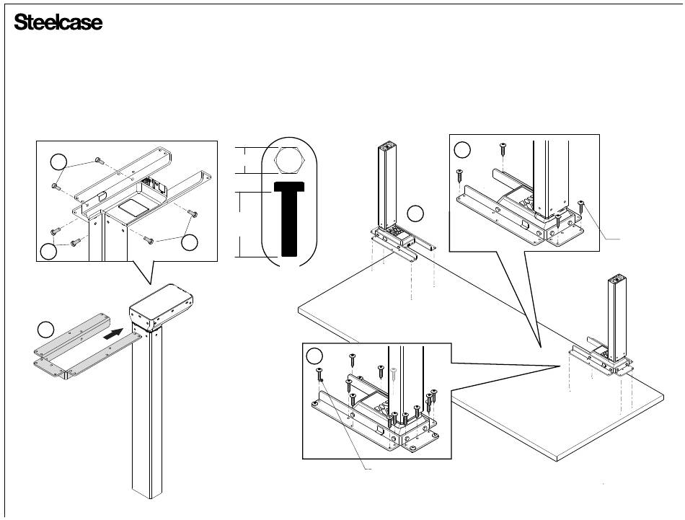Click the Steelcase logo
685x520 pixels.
pos(58,22)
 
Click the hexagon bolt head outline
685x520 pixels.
pos(289,160)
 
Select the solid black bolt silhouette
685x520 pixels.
pos(289,219)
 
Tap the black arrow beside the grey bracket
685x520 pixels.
pos(113,333)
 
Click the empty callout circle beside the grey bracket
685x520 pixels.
pos(45,330)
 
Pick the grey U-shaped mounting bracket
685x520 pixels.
pos(87,345)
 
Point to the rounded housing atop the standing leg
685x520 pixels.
pos(161,307)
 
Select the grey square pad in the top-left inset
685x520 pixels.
pos(136,208)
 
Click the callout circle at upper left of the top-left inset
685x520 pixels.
pos(58,162)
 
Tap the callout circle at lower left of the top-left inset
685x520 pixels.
pos(48,251)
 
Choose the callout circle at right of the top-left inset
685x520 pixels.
pos(189,242)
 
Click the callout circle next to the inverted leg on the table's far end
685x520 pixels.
pos(415,213)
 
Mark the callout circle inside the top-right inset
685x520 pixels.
pos(462,150)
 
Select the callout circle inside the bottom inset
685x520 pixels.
pos(314,356)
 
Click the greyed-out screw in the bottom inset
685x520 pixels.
pos(393,374)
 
